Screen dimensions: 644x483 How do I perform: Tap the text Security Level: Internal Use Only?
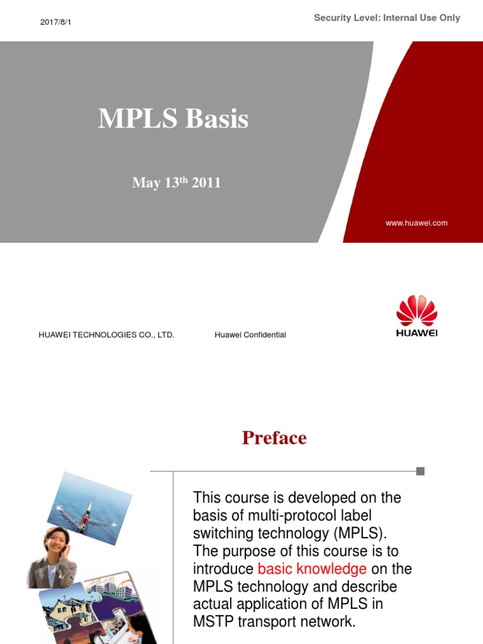point(387,18)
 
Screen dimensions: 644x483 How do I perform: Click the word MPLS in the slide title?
point(134,119)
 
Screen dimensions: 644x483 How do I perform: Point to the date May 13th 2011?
point(176,183)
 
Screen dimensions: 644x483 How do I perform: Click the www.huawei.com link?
point(416,223)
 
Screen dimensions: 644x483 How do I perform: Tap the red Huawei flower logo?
point(416,311)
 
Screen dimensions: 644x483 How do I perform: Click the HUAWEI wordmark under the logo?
point(416,333)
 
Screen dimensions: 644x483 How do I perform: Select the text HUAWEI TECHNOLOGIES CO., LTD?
point(106,335)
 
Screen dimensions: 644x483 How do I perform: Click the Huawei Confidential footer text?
point(250,335)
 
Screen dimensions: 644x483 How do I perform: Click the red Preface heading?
point(274,438)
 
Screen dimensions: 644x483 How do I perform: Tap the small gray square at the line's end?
point(421,471)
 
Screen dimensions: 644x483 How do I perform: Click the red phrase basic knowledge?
point(312,569)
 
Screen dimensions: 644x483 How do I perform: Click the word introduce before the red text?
point(223,569)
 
